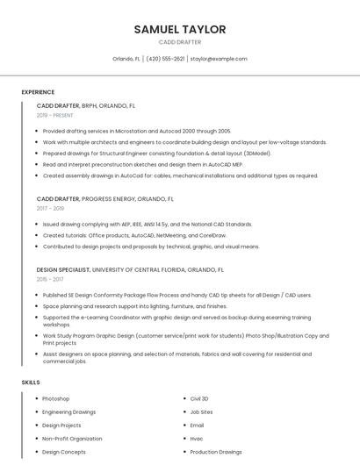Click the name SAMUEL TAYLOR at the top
coord(180,30)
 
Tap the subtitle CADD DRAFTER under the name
coord(180,42)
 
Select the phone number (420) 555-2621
coord(165,59)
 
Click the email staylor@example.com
coord(219,59)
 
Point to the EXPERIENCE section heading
coord(38,92)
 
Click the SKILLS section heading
coord(31,383)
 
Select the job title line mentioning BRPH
coord(86,105)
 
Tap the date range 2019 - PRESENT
coord(55,116)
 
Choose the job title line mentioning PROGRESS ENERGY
coord(105,199)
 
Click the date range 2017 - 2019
coord(50,209)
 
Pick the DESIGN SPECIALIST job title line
coord(130,270)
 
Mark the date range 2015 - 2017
coord(50,280)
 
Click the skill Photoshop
coord(56,398)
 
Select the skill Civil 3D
coord(199,398)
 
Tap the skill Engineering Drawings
coord(69,411)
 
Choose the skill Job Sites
coord(201,411)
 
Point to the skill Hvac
coord(197,438)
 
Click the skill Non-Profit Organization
coord(72,438)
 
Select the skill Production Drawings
coord(216,452)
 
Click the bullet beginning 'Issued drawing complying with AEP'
coord(148,224)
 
